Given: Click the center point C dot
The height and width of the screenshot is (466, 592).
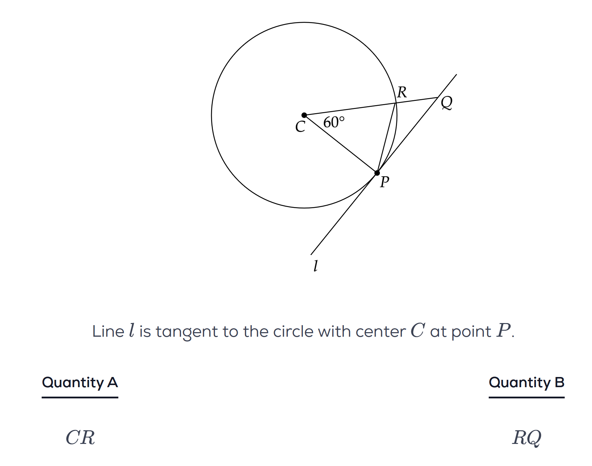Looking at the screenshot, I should point(304,115).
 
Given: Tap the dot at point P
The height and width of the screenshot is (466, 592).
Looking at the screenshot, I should point(377,173).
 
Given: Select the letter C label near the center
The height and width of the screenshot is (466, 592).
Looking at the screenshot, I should point(300,127).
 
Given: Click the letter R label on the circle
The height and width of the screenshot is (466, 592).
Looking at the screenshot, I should point(402,92).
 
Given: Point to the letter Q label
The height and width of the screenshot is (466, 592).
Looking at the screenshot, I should point(446,103).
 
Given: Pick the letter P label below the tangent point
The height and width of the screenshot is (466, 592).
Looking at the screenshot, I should point(384,182).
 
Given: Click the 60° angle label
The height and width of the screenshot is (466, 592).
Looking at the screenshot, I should point(334,122).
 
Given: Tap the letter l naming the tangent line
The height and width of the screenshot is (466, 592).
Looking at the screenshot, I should point(315,266).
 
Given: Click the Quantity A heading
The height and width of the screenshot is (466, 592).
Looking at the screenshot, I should point(80,382).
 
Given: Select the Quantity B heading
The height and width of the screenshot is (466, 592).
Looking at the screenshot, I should point(526,382).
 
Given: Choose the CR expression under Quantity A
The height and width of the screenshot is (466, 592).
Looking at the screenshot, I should point(80,438).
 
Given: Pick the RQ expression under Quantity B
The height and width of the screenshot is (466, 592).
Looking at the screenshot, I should point(526,438).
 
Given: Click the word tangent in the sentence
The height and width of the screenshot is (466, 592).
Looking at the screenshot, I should point(187,331).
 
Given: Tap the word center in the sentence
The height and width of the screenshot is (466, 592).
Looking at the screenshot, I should point(381,331).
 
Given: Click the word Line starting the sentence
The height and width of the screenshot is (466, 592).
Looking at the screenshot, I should point(108,331).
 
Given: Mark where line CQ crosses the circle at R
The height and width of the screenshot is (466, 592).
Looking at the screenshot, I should point(396,103).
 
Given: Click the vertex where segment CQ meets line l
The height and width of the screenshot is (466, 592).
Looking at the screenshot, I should point(437,97).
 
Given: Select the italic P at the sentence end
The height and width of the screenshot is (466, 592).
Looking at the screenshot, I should point(503,330).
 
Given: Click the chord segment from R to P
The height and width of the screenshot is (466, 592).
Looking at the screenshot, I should point(386,138).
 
